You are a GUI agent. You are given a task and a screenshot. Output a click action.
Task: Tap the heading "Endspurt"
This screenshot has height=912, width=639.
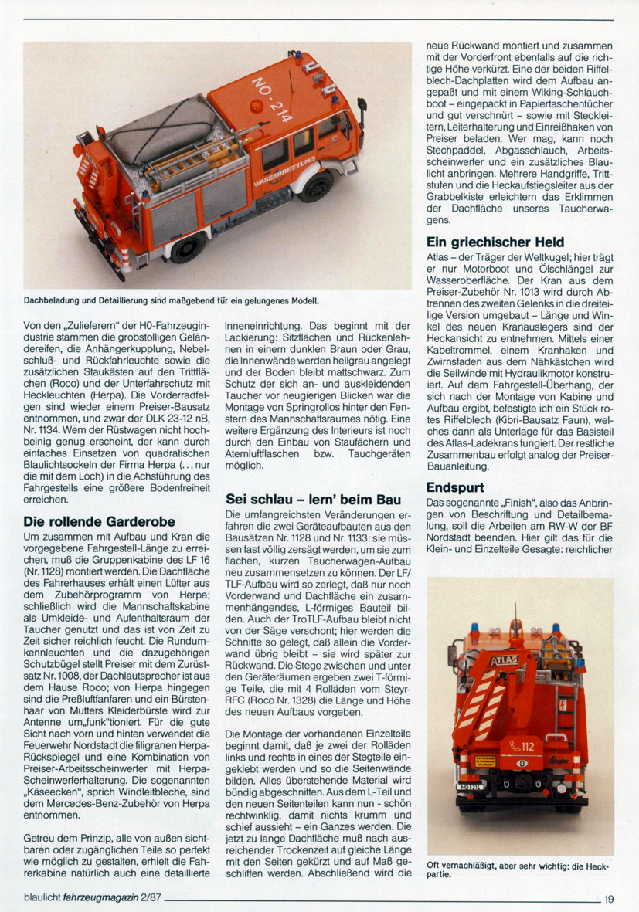pyautogui.click(x=455, y=487)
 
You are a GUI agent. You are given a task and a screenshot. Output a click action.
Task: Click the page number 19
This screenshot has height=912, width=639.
pyautogui.click(x=609, y=899)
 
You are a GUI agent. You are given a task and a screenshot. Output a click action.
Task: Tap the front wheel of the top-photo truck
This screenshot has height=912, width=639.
pyautogui.click(x=314, y=186)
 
